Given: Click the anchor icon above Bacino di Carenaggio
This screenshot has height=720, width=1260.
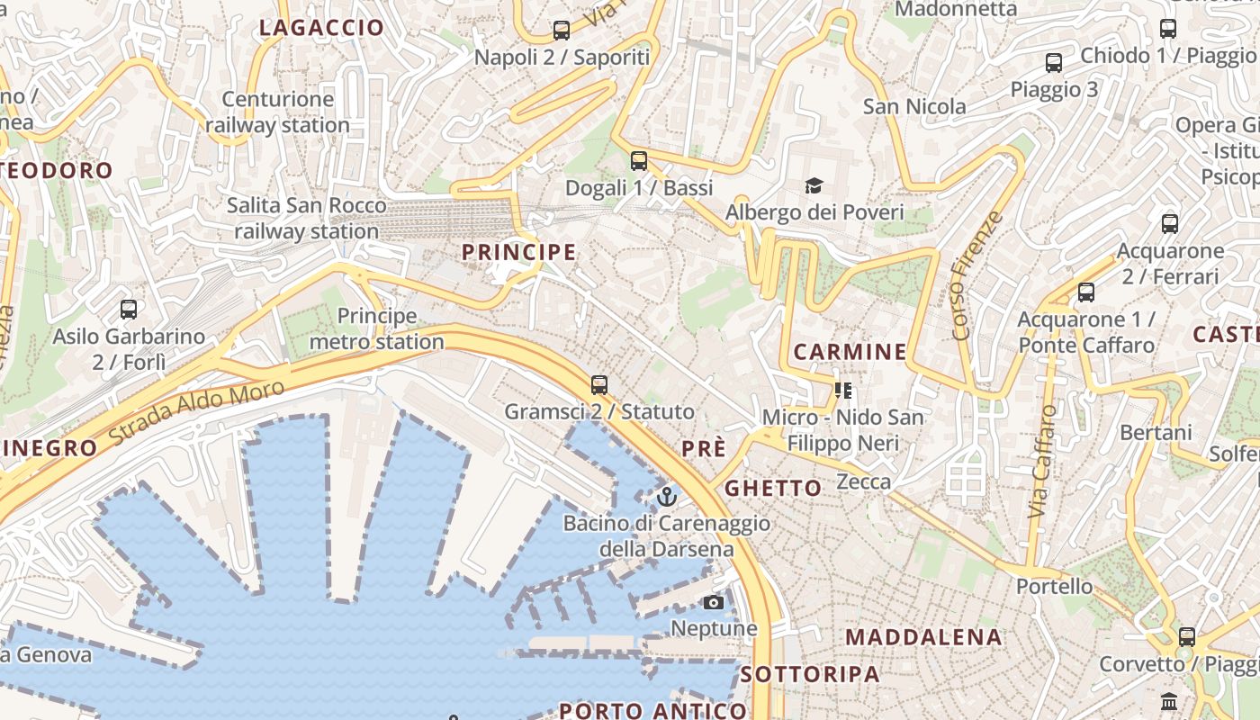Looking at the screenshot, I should pyautogui.click(x=667, y=496).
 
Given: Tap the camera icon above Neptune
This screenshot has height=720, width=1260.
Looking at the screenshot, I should pyautogui.click(x=714, y=602).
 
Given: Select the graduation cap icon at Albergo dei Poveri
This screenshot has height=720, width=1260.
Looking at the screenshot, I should pyautogui.click(x=814, y=185).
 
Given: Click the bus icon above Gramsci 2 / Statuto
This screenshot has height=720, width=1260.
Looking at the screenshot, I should pyautogui.click(x=599, y=385).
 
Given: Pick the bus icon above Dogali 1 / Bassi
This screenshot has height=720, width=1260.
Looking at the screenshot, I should pyautogui.click(x=639, y=161).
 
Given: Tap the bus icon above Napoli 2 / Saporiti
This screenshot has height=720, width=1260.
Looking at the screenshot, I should pyautogui.click(x=562, y=31).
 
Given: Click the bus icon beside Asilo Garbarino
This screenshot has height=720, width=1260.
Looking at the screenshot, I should pyautogui.click(x=129, y=310).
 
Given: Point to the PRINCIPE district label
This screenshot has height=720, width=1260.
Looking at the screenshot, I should pyautogui.click(x=519, y=253).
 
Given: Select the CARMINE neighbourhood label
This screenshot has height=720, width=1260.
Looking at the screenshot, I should pyautogui.click(x=850, y=351).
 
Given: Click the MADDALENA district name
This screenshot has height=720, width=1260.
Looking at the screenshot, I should pyautogui.click(x=923, y=637).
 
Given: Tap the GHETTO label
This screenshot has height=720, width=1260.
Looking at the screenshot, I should pyautogui.click(x=773, y=489).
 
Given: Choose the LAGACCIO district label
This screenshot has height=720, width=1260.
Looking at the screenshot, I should pyautogui.click(x=321, y=28).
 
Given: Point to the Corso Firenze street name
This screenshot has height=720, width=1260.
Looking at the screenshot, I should pyautogui.click(x=976, y=275).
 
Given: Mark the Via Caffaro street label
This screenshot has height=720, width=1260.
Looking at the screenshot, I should pyautogui.click(x=1042, y=461).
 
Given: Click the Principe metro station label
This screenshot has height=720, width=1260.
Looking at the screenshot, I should pyautogui.click(x=377, y=328).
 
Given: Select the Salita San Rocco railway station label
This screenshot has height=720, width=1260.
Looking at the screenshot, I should pyautogui.click(x=307, y=219).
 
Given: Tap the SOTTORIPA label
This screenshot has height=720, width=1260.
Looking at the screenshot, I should pyautogui.click(x=810, y=674).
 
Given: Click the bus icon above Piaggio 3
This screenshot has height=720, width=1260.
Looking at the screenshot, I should pyautogui.click(x=1054, y=63).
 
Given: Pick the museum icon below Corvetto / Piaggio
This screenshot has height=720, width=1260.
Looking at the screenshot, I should pyautogui.click(x=1169, y=700).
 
